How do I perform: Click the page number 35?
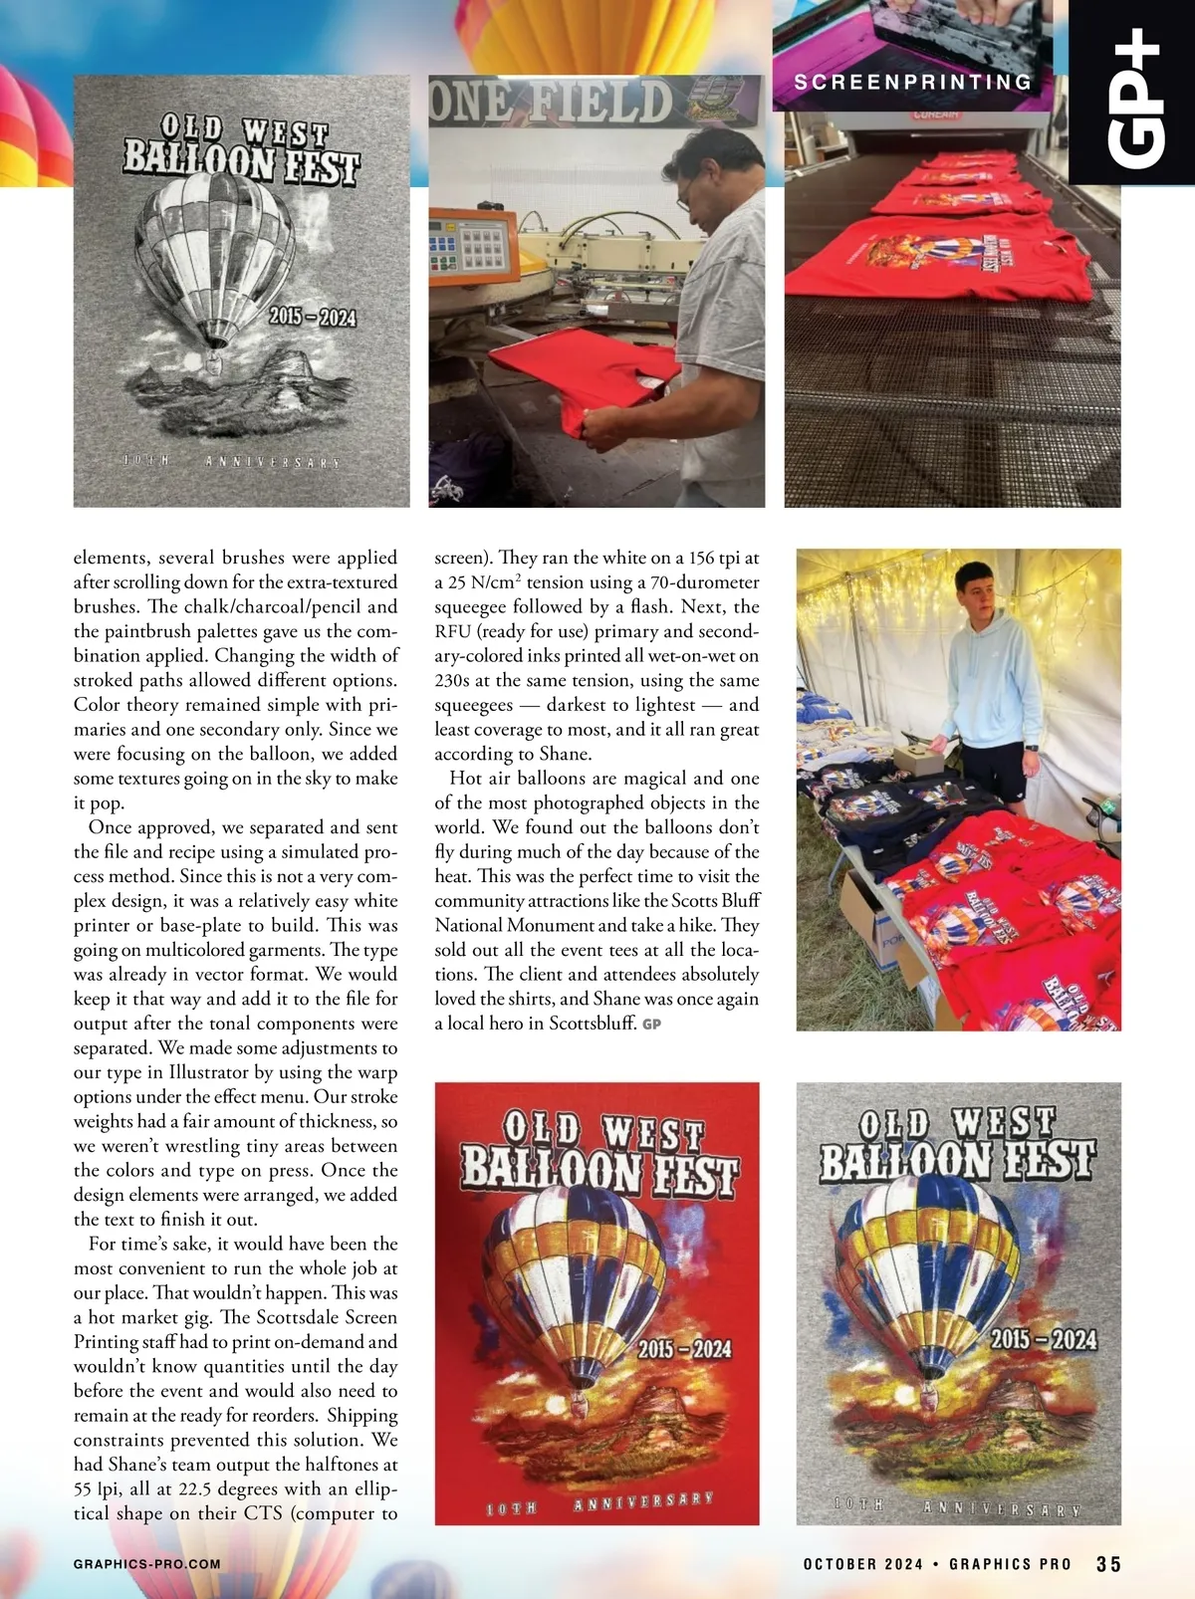point(1108,1564)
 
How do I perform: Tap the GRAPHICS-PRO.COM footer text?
point(147,1564)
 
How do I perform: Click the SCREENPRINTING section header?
point(913,83)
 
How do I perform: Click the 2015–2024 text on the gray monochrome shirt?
point(312,317)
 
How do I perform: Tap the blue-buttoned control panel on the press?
point(464,244)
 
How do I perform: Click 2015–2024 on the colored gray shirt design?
point(1043,1339)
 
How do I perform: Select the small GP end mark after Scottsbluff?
point(652,1024)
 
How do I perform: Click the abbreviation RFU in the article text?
point(452,631)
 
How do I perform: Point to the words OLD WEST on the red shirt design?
point(603,1131)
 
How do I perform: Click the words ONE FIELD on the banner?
point(551,103)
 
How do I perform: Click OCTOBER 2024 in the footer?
point(863,1564)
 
